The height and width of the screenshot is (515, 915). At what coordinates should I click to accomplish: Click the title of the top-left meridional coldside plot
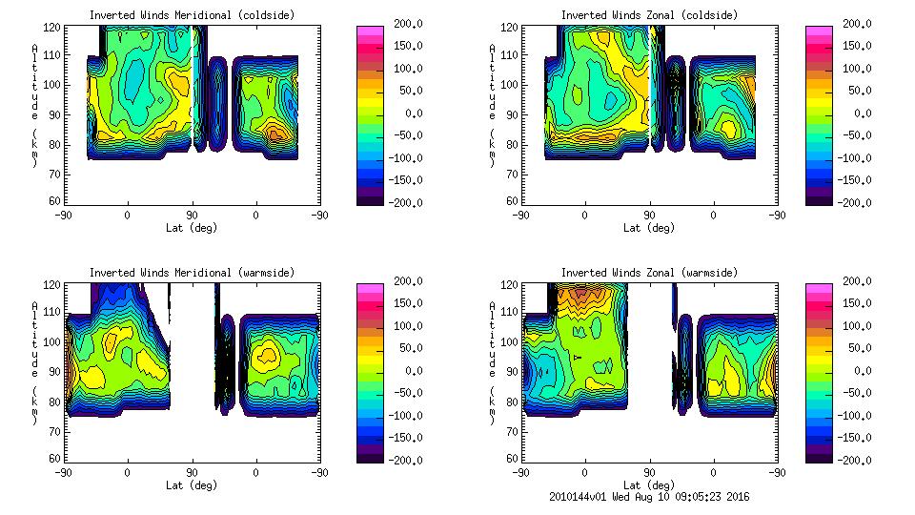(x=192, y=15)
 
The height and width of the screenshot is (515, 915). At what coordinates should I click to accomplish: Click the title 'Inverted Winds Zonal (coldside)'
(x=649, y=15)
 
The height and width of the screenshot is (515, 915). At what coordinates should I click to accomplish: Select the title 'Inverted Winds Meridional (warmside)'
(x=192, y=273)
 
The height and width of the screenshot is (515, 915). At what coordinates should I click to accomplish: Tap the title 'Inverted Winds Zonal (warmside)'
(x=649, y=273)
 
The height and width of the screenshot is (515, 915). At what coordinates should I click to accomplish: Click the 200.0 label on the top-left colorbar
(x=404, y=25)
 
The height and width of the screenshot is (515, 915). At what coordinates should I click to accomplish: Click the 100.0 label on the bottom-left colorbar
(x=404, y=326)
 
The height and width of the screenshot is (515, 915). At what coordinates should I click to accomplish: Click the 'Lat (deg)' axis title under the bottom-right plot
(x=649, y=485)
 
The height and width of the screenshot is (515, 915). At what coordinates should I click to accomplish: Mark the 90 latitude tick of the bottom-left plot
(x=192, y=472)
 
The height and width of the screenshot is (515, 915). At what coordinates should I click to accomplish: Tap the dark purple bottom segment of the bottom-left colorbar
(x=370, y=456)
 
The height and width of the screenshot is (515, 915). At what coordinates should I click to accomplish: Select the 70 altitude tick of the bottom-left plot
(x=56, y=430)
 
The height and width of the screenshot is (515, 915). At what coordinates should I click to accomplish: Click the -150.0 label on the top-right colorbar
(x=853, y=180)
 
